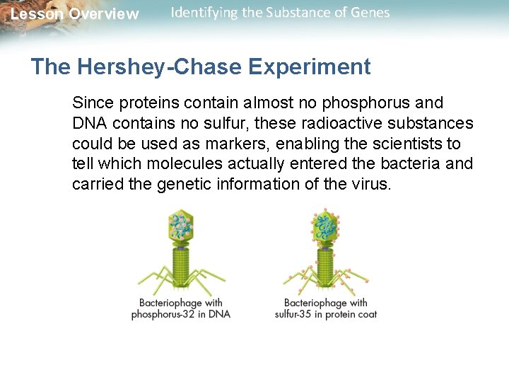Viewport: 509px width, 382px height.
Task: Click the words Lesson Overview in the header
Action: click(75, 14)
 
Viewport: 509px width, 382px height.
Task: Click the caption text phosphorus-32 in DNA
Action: click(181, 314)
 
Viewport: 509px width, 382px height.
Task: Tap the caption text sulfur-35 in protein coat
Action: click(326, 314)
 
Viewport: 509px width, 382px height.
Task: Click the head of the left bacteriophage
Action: click(182, 226)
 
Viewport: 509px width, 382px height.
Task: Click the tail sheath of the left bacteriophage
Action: click(182, 269)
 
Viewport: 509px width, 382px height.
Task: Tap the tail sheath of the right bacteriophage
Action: click(325, 269)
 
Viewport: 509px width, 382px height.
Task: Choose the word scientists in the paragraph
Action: click(409, 144)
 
